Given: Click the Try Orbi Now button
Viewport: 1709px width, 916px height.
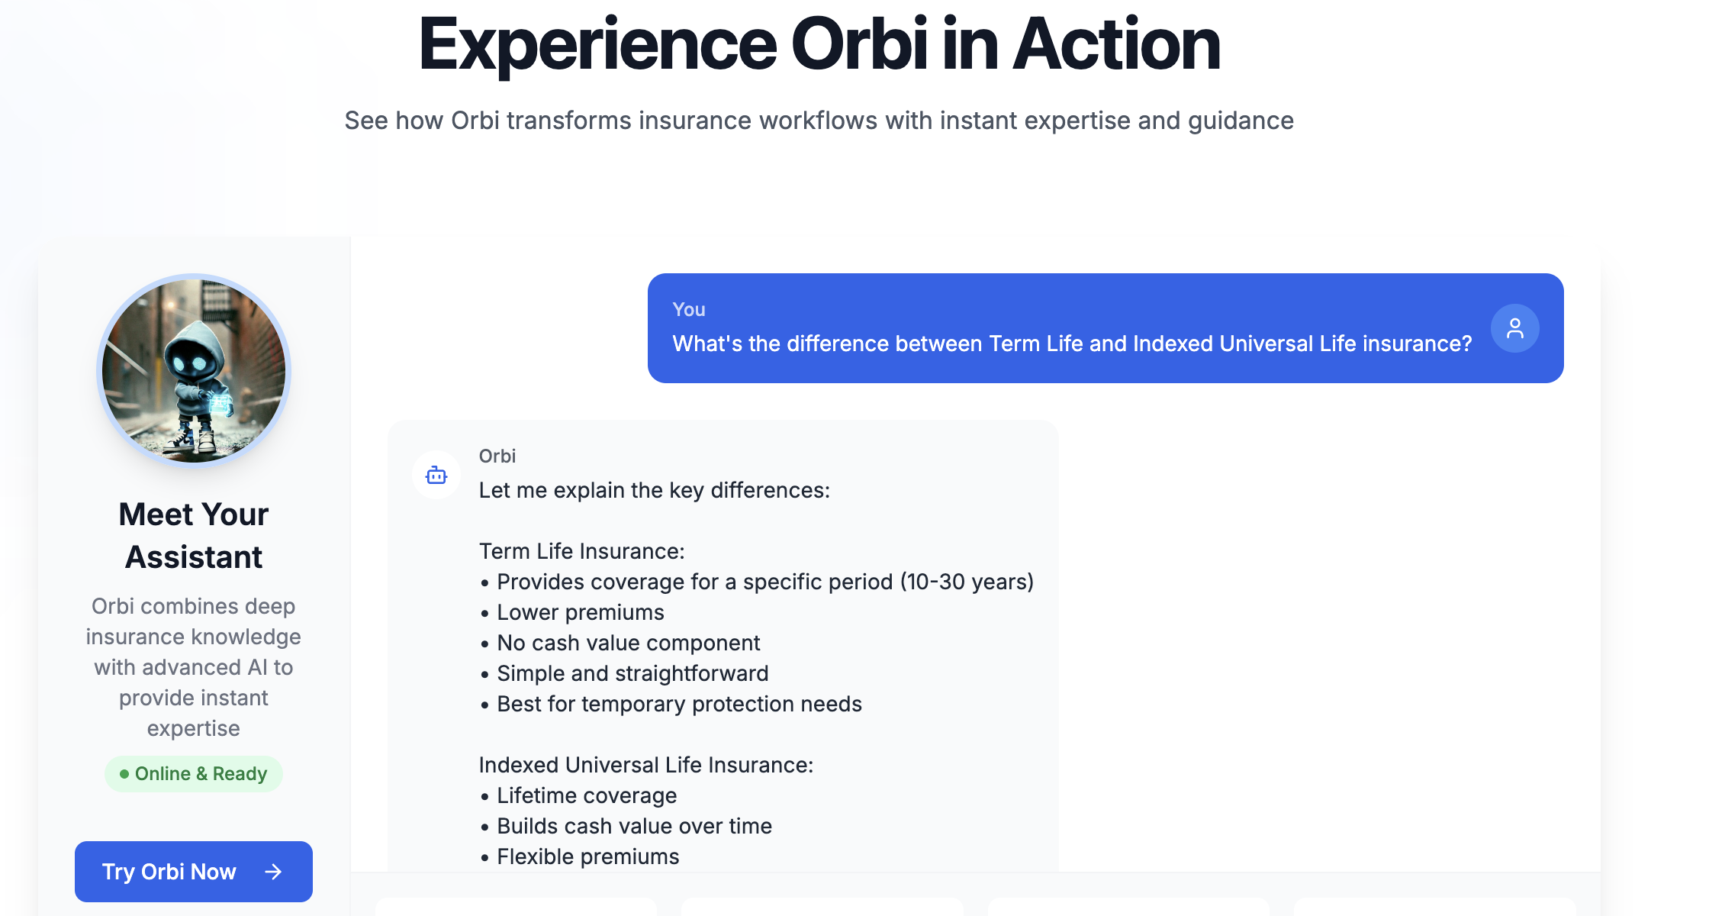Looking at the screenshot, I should (x=193, y=871).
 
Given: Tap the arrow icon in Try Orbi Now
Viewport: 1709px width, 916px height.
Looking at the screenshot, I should (x=273, y=872).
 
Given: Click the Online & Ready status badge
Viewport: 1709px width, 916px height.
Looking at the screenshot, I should (x=193, y=773).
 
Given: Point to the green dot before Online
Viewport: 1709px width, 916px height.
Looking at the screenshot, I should (x=124, y=774).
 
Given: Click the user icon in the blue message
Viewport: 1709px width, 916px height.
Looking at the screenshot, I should (x=1514, y=328).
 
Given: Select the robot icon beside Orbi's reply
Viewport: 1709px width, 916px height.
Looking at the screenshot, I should (x=436, y=475).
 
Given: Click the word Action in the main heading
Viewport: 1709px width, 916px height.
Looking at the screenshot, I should (x=1117, y=46).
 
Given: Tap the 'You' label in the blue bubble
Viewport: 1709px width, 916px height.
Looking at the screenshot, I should (x=688, y=309).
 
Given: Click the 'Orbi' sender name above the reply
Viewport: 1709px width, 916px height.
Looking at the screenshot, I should (x=497, y=456).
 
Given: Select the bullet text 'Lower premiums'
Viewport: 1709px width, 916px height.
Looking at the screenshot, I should (x=580, y=612).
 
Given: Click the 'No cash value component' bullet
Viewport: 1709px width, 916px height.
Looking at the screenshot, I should (x=628, y=643).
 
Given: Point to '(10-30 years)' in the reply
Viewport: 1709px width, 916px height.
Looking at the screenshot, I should (x=967, y=582).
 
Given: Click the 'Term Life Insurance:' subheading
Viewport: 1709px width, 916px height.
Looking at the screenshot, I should (x=581, y=551).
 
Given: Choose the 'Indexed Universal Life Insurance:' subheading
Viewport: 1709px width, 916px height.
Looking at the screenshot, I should (x=645, y=765).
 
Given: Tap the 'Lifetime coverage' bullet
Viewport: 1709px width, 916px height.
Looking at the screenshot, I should (x=586, y=795).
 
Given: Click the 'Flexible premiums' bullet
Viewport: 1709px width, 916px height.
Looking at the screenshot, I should (x=587, y=856).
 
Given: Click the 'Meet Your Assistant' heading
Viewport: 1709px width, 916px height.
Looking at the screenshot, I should (x=194, y=535).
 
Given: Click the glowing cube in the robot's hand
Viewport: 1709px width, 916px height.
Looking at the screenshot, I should (x=221, y=402).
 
